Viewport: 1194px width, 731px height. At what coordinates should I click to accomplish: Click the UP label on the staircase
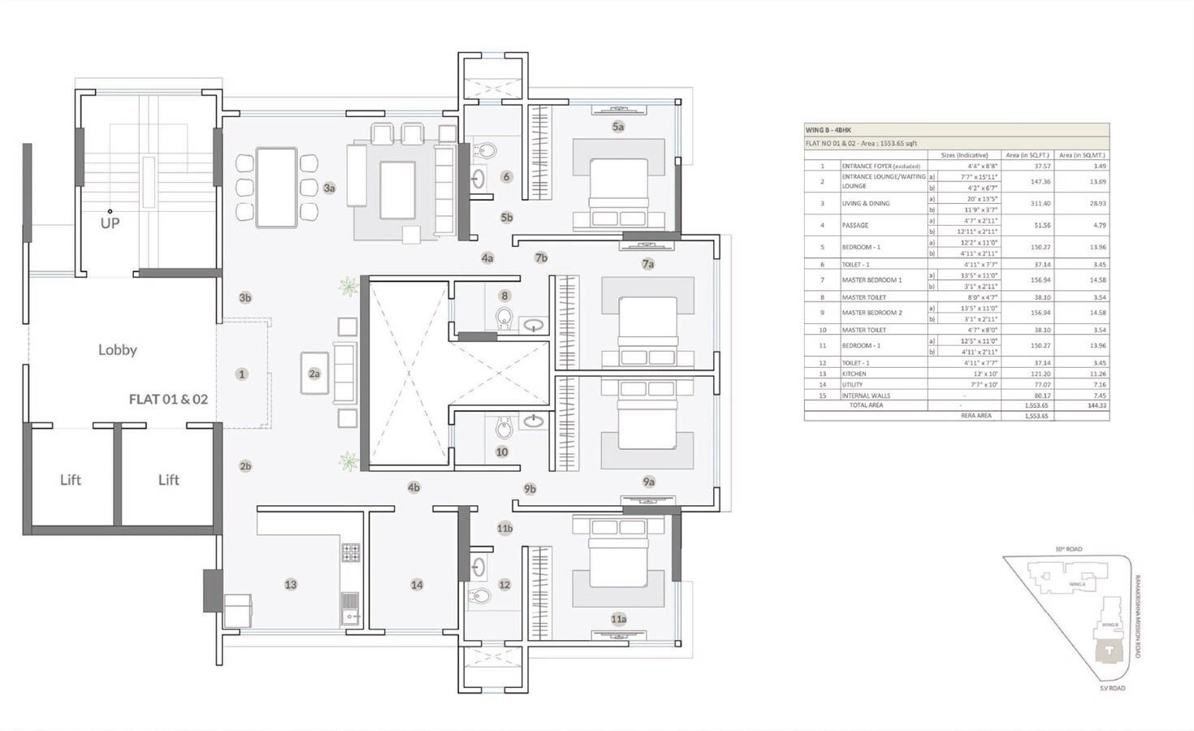110,223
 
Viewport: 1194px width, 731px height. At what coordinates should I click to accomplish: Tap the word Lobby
118,350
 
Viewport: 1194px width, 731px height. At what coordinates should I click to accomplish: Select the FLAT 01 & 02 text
168,400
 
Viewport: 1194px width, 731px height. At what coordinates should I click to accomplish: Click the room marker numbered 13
291,585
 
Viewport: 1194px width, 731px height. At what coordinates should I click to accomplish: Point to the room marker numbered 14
417,585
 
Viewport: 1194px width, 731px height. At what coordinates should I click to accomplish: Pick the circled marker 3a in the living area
329,188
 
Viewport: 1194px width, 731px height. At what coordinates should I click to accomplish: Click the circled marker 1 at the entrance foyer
241,374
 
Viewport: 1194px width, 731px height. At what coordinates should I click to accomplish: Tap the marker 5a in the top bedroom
618,127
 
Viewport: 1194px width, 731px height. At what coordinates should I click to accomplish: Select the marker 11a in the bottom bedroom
619,619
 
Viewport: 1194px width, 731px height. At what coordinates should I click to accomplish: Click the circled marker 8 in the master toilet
504,296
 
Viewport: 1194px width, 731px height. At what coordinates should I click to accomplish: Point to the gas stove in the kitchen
351,553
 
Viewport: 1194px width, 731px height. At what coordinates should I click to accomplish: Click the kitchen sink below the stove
351,607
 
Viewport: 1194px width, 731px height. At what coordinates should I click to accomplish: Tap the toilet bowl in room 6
487,150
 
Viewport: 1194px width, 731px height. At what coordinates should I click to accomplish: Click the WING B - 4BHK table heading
828,130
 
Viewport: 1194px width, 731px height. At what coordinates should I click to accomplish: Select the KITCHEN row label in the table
854,374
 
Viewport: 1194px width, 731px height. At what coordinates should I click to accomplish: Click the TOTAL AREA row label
866,404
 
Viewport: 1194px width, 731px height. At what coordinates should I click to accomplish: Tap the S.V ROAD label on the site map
1113,688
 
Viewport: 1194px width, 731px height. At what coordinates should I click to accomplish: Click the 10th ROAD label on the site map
1068,549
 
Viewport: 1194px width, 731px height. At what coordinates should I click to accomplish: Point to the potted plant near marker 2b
348,462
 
